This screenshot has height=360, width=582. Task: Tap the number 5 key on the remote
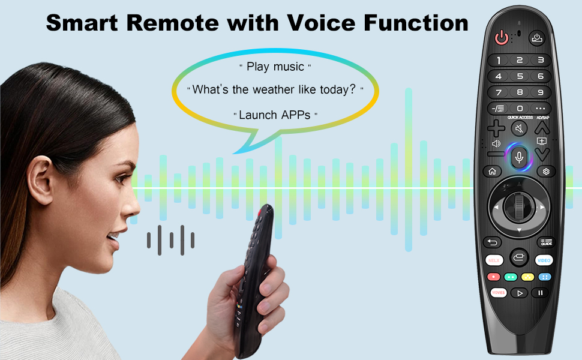point(520,76)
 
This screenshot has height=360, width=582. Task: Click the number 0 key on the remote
point(520,108)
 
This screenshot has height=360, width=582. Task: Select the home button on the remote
point(492,171)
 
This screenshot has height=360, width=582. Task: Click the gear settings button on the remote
point(546,171)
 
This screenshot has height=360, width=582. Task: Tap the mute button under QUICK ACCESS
point(520,128)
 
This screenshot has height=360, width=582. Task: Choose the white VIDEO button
point(544,260)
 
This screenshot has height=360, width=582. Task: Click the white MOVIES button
point(498,293)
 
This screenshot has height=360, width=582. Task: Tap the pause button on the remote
point(540,293)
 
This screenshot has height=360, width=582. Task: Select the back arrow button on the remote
point(493,242)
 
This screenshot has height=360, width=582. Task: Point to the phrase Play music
point(275,67)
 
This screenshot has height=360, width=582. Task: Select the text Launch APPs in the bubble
point(275,115)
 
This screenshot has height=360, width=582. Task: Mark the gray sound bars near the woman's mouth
point(170,240)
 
